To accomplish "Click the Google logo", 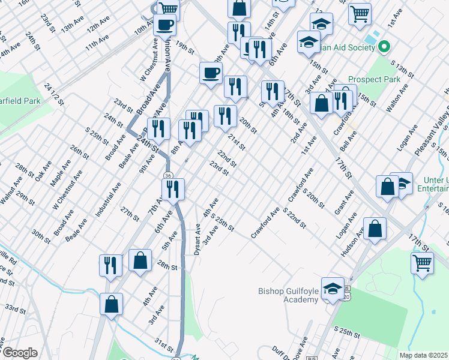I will (19, 352).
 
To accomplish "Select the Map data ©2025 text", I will (423, 355).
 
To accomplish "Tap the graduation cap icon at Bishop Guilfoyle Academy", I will (333, 289).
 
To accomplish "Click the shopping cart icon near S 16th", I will (423, 262).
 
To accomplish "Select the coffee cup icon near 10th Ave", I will (165, 25).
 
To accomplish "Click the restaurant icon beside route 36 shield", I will (173, 189).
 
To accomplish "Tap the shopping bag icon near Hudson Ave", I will (375, 229).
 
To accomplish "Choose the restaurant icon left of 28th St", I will (110, 265).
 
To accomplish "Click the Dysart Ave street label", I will (197, 239).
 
